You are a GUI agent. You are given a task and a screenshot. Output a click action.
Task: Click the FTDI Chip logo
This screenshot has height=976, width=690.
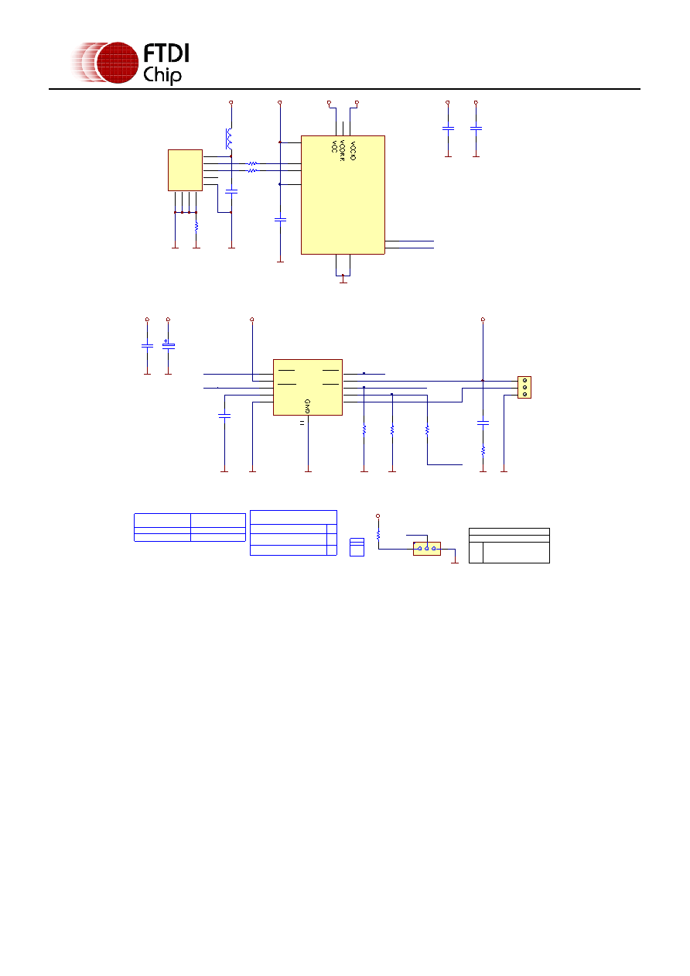(x=130, y=63)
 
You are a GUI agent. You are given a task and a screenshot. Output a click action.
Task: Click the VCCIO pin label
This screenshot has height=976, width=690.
(x=353, y=151)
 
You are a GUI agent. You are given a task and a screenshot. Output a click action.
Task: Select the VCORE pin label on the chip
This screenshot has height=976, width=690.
(x=342, y=151)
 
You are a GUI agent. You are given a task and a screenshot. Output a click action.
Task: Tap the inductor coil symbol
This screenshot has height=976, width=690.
(x=229, y=138)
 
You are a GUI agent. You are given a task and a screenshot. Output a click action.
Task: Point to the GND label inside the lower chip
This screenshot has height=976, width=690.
(x=307, y=406)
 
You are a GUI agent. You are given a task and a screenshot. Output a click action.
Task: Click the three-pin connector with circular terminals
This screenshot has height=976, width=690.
(x=524, y=387)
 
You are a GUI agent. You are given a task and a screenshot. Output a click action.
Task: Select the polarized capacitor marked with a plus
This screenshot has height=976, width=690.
(x=168, y=345)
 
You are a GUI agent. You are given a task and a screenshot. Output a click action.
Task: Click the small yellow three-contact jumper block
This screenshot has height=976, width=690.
(x=427, y=549)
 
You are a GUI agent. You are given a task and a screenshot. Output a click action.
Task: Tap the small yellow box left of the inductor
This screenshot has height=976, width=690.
(x=185, y=170)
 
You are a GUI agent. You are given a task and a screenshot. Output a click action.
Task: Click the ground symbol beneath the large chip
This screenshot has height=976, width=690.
(x=343, y=282)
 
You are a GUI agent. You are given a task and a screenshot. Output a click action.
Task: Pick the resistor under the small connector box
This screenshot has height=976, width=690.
(x=196, y=227)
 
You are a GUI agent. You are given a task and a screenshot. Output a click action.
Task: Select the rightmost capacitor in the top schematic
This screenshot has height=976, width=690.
(x=476, y=128)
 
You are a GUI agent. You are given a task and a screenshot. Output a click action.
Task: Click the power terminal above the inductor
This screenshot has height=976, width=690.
(x=231, y=102)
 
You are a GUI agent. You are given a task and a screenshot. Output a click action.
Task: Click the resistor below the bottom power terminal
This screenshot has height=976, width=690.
(x=378, y=535)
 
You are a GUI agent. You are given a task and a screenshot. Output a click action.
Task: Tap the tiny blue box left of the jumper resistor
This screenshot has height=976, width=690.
(x=357, y=546)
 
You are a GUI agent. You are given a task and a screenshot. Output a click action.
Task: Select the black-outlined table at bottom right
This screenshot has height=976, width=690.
(x=509, y=546)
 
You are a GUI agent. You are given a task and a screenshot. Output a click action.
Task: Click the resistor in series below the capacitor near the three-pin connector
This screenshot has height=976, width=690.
(x=483, y=450)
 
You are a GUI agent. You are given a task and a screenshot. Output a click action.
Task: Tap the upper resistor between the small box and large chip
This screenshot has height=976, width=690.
(x=252, y=163)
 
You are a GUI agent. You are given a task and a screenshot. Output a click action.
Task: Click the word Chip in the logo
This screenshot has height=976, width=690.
(x=162, y=75)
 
